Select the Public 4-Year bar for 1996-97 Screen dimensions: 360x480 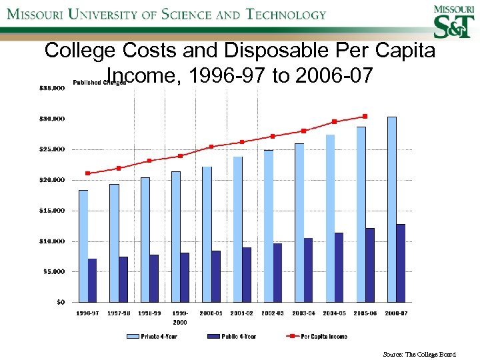click(x=92, y=280)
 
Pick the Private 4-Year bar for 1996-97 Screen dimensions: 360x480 click(x=83, y=246)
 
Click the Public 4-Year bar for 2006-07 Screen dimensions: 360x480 click(x=400, y=263)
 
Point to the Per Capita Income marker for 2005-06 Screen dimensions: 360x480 click(x=365, y=116)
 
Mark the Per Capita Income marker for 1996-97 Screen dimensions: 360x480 click(x=87, y=173)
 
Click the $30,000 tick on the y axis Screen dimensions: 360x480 click(x=51, y=119)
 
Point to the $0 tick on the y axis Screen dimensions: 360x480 click(x=60, y=302)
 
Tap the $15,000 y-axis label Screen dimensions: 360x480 click(x=51, y=211)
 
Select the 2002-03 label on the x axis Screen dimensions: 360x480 click(x=273, y=313)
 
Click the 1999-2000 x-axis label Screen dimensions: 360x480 click(x=180, y=317)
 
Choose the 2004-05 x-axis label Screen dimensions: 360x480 click(x=334, y=313)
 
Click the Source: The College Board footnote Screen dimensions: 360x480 click(x=419, y=355)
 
